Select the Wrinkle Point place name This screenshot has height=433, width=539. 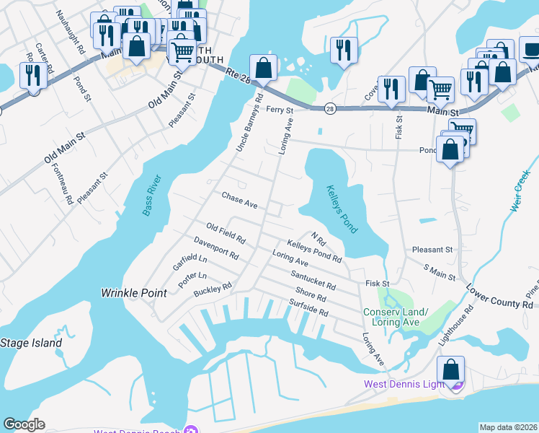click(x=133, y=293)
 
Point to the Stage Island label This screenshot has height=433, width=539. click(x=31, y=343)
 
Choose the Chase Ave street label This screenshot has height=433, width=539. click(x=239, y=200)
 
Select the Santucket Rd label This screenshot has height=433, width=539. click(x=313, y=281)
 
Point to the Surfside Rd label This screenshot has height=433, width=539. click(x=308, y=308)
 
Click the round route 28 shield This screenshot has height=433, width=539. click(x=329, y=108)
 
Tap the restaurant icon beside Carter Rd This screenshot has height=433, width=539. click(x=32, y=75)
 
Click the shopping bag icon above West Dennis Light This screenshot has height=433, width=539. click(x=450, y=369)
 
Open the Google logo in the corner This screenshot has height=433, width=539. click(x=24, y=424)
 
